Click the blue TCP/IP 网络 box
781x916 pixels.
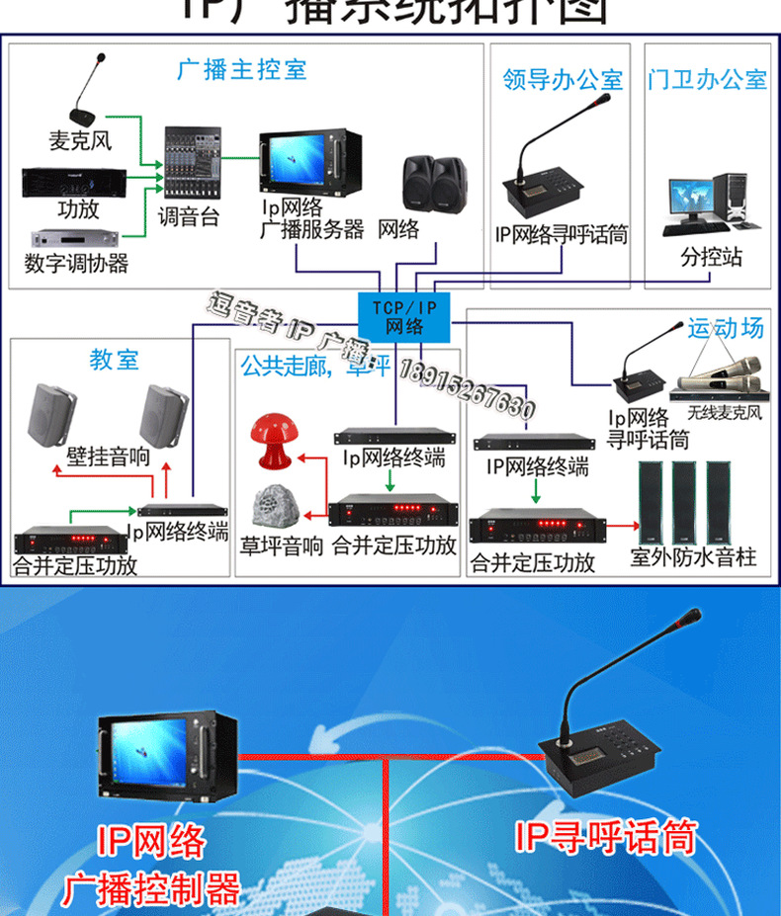(x=402, y=317)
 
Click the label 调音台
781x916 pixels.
(x=188, y=217)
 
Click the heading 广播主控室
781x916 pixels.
(x=242, y=69)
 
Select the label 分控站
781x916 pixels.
(x=710, y=258)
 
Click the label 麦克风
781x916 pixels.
(x=80, y=140)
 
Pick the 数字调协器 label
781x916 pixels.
(x=76, y=263)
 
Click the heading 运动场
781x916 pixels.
(x=726, y=328)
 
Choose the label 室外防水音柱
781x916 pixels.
(x=693, y=558)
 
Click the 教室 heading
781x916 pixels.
(x=114, y=360)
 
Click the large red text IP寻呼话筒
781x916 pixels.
(x=604, y=838)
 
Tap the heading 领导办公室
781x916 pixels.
(x=563, y=79)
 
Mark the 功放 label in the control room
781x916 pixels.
(x=78, y=209)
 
